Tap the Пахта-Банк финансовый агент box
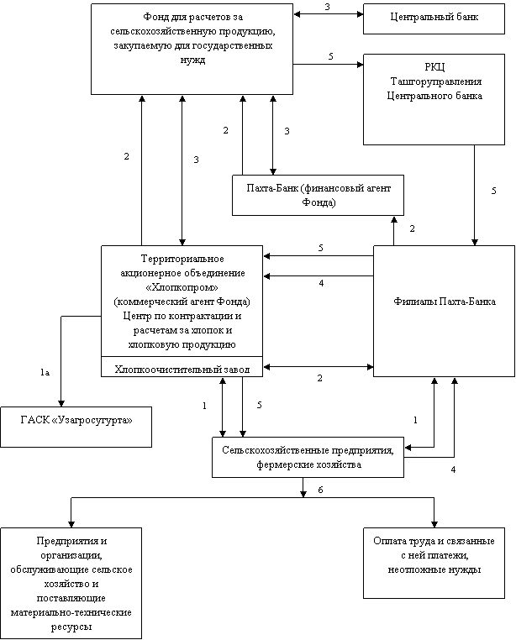[312, 195]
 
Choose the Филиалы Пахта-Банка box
[445, 311]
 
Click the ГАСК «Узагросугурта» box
[76, 426]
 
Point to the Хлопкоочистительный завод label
[182, 368]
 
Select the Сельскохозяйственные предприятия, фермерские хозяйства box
[308, 457]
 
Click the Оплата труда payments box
[434, 562]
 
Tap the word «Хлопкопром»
[182, 286]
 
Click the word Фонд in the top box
[158, 18]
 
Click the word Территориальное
[182, 259]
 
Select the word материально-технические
[71, 613]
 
